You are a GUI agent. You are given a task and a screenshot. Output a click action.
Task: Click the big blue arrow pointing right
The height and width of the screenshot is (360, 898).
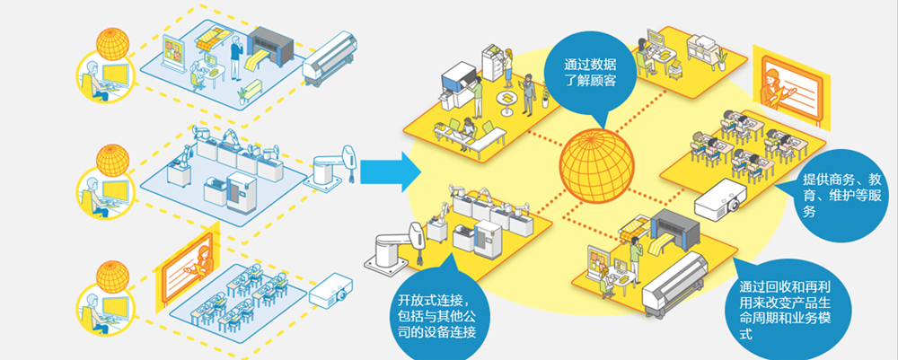point(391,172)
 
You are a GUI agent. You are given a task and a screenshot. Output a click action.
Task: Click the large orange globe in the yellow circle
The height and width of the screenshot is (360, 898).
point(597,167)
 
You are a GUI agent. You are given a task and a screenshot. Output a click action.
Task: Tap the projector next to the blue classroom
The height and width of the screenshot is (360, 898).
point(330,290)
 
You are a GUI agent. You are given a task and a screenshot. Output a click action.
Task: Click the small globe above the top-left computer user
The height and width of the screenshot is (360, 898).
point(112,43)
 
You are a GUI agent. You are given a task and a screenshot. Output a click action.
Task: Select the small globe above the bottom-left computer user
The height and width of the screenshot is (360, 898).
point(112,277)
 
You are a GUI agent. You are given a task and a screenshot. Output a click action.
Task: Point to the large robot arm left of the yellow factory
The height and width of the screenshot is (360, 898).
point(394,247)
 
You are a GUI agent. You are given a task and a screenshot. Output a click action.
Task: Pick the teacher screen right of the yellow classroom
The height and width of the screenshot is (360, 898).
point(790,85)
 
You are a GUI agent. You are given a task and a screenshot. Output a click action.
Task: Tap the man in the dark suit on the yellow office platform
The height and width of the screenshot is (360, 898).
point(529,95)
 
